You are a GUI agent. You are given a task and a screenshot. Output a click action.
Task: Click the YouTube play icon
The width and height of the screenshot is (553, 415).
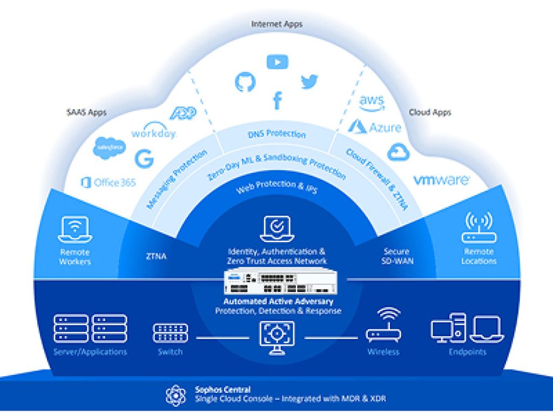click(x=277, y=62)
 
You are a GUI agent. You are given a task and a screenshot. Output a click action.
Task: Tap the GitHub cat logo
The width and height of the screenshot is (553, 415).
click(x=245, y=81)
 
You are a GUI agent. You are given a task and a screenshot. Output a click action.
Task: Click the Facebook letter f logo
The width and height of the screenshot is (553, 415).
click(x=278, y=100)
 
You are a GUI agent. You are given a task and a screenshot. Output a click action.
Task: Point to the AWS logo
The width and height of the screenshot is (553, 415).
click(x=372, y=103)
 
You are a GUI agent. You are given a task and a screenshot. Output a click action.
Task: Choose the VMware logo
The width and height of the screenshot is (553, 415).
click(x=441, y=180)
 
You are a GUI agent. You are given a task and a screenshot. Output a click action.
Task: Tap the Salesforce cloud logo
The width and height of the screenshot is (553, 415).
click(x=110, y=148)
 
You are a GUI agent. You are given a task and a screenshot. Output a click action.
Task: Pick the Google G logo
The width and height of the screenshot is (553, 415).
click(x=144, y=159)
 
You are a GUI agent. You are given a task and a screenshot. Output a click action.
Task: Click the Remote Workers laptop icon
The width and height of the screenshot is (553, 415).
click(x=75, y=229)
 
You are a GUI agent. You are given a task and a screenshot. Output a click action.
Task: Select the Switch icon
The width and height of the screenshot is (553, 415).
click(x=171, y=333)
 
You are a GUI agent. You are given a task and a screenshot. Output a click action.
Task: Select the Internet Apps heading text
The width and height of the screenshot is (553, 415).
click(x=277, y=24)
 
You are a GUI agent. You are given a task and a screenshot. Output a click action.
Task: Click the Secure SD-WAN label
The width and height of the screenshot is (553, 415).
click(x=396, y=256)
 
